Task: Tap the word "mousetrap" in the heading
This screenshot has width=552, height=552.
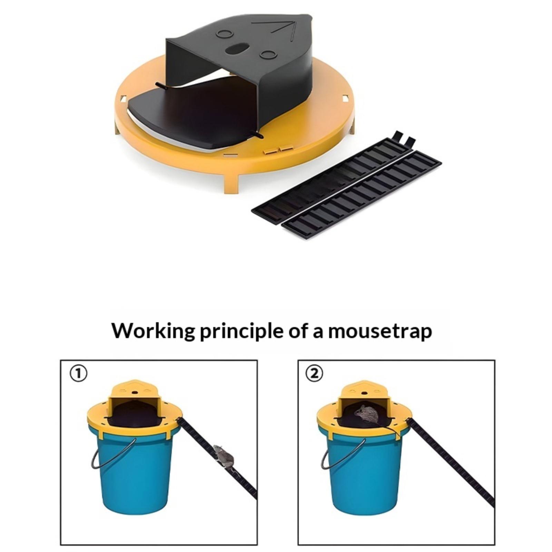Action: point(380,331)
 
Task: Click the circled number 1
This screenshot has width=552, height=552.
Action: point(79,373)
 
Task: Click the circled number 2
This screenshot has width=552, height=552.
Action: point(315,373)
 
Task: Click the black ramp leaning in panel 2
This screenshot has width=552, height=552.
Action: point(451,462)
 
